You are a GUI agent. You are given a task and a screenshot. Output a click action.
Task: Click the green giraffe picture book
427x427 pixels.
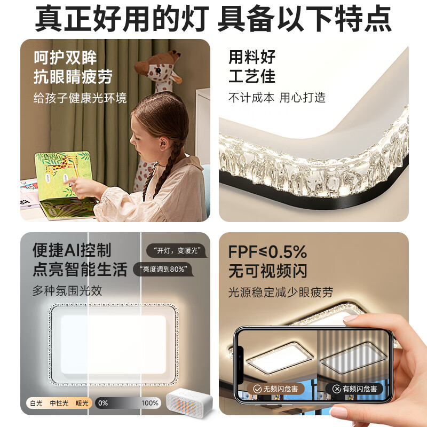(x=61, y=176)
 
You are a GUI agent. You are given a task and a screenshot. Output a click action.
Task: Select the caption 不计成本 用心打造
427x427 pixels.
(x=276, y=98)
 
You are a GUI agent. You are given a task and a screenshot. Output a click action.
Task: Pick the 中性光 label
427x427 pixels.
(x=59, y=403)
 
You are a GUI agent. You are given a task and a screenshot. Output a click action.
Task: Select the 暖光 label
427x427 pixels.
(x=82, y=403)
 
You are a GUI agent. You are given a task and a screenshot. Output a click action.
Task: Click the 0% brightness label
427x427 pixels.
(x=104, y=403)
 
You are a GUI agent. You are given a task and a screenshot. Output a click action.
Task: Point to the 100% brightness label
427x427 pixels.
(x=150, y=403)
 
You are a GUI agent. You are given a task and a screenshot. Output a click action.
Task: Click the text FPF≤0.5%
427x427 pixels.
(x=268, y=251)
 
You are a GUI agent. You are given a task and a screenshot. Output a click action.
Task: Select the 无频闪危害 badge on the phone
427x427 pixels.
(x=275, y=389)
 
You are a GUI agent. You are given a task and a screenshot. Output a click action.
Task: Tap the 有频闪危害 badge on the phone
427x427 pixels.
(x=354, y=389)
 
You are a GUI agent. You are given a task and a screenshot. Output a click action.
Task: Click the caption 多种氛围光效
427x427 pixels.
(x=67, y=291)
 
